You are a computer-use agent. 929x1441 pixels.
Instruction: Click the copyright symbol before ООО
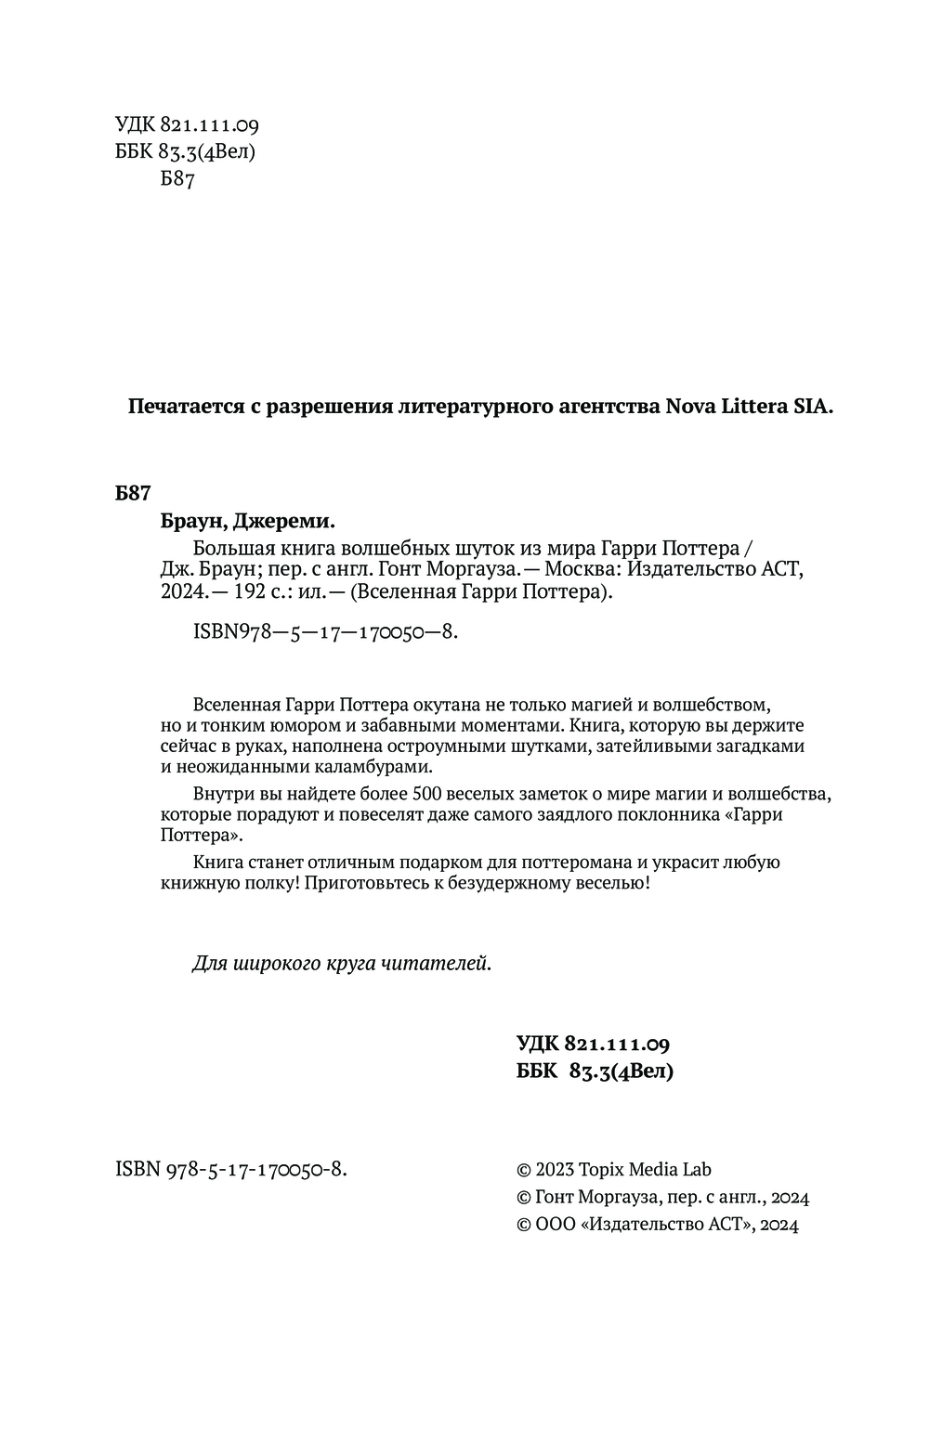[x=522, y=1225]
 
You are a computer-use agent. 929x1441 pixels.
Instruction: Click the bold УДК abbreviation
[x=537, y=1044]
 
